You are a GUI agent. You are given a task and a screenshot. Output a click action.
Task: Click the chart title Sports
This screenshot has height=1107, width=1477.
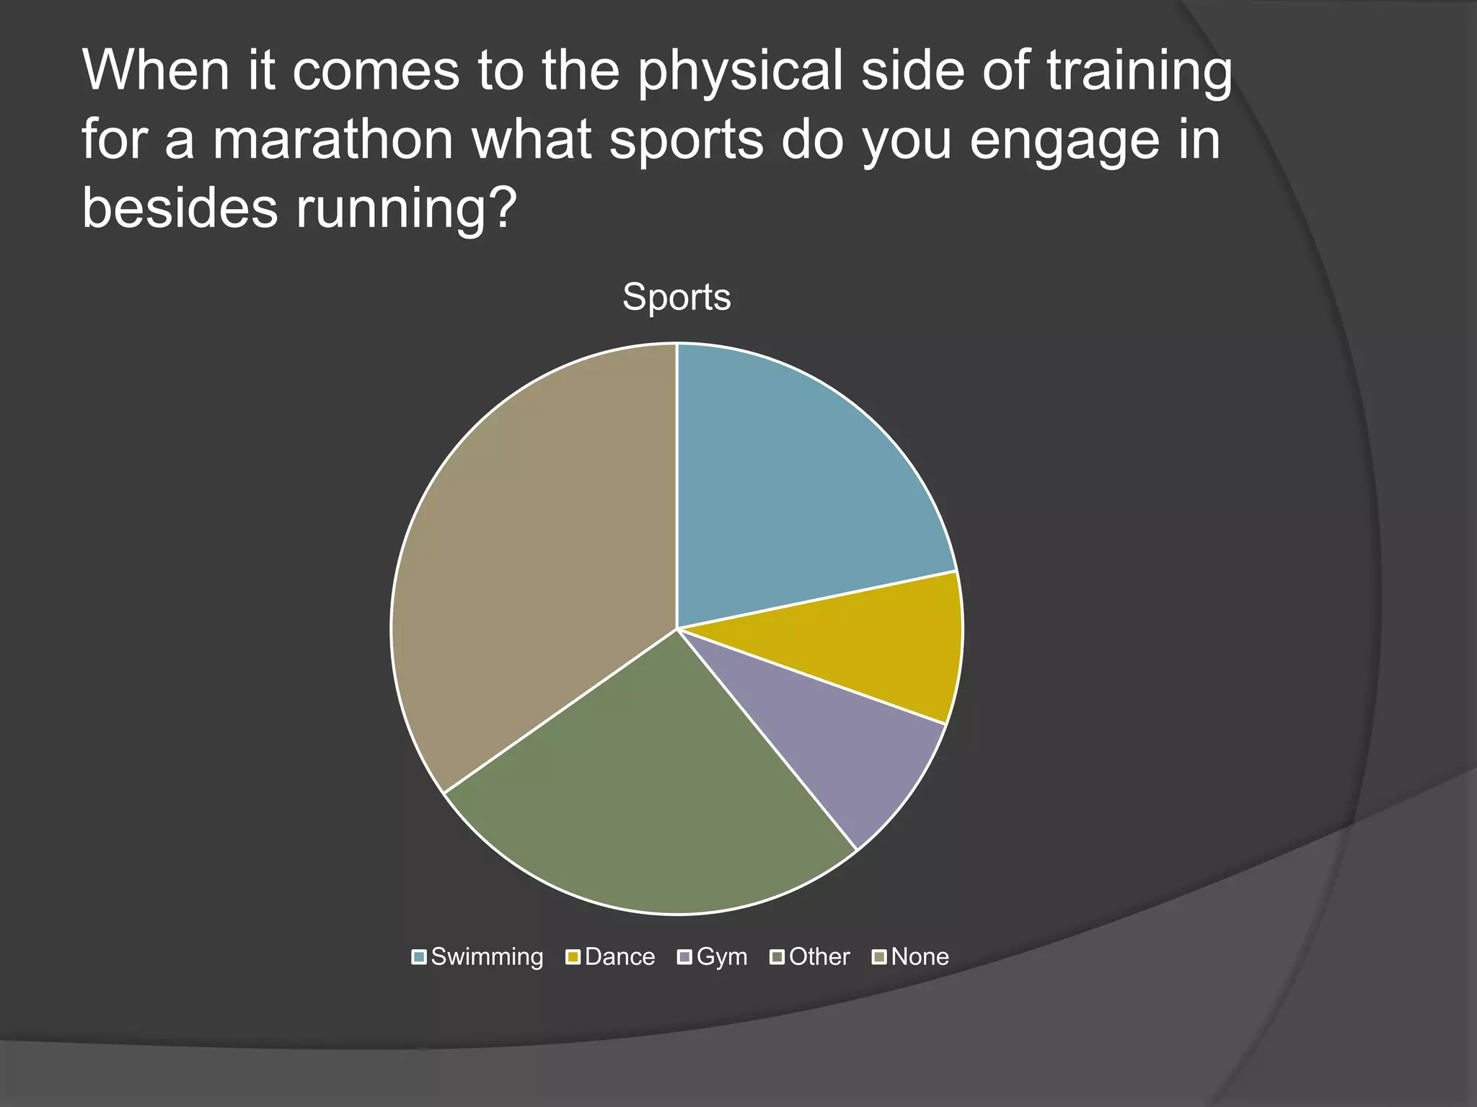(676, 297)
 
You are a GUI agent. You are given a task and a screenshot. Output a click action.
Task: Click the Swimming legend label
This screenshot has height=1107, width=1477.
(487, 957)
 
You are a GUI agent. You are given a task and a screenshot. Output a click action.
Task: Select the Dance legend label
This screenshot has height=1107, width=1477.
(620, 957)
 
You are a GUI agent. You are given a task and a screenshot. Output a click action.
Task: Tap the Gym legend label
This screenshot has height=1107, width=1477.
(722, 957)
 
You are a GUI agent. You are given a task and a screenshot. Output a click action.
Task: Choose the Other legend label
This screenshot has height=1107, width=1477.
(819, 957)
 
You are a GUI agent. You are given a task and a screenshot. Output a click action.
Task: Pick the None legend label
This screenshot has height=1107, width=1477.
(920, 957)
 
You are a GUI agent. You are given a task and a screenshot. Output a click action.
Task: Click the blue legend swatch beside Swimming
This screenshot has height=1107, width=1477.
(419, 957)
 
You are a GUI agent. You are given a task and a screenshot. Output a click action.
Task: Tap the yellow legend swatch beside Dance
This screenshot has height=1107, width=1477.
(573, 957)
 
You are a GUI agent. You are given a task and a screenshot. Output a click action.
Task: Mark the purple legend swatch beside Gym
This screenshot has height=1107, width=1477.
(684, 957)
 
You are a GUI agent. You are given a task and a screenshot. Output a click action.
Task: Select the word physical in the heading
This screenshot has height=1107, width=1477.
(740, 72)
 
